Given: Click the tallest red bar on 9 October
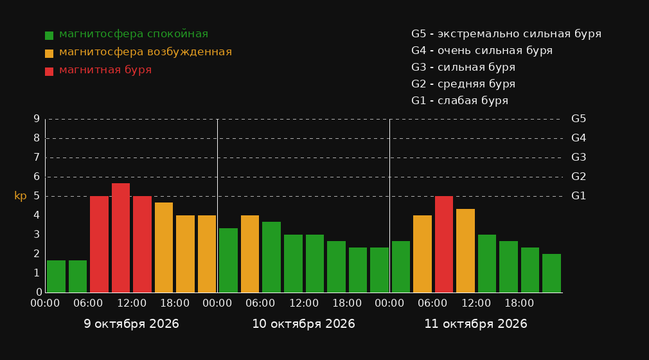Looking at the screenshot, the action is tap(120, 238).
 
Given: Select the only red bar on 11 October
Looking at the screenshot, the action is tap(444, 244).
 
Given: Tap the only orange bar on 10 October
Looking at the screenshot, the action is tap(250, 254).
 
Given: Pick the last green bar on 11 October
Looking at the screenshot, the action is tap(552, 273).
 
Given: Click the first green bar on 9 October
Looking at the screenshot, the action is tap(56, 276).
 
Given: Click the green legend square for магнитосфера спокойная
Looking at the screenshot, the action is tap(49, 35).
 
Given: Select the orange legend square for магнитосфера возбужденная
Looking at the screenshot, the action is tap(49, 53).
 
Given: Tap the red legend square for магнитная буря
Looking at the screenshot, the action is tap(49, 71).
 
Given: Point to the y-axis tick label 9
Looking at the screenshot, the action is tap(37, 119).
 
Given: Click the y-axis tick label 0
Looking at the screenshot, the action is tap(39, 292).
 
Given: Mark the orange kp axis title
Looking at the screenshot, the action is tap(21, 196).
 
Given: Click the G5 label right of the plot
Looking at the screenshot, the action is tap(578, 119).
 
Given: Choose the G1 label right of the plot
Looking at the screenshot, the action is tap(578, 196).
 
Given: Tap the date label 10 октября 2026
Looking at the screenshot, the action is tap(303, 324).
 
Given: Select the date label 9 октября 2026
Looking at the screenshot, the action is tap(131, 324).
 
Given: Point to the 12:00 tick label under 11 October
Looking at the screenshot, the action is tap(476, 303).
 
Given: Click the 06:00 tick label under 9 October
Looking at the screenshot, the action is tap(88, 303).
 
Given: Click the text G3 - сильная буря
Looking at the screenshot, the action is tap(463, 67).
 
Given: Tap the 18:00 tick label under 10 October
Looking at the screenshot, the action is tap(347, 303).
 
